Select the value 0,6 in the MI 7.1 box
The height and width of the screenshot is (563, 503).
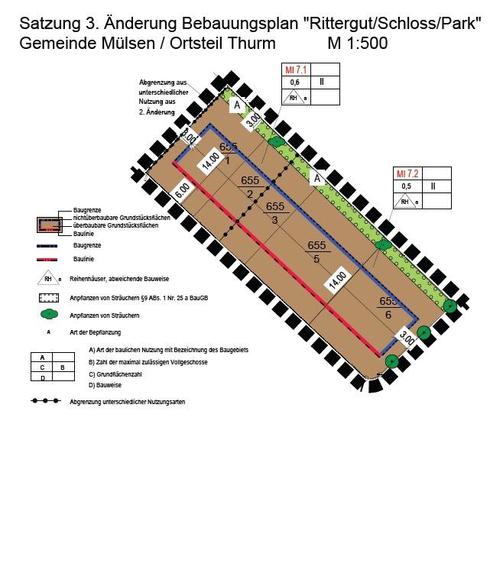(x=293, y=83)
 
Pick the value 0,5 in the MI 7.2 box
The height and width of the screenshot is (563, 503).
(x=406, y=186)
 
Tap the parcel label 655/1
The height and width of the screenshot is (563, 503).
(x=229, y=153)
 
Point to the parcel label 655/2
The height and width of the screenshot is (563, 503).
(x=250, y=187)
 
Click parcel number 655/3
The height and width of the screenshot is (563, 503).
(x=274, y=213)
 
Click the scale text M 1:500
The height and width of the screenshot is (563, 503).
(x=357, y=44)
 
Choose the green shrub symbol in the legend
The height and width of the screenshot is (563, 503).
(x=49, y=314)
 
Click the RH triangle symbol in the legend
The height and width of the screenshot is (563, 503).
(x=48, y=280)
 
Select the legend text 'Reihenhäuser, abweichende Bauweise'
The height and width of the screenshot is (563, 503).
(x=115, y=280)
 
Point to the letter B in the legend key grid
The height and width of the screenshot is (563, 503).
(x=63, y=367)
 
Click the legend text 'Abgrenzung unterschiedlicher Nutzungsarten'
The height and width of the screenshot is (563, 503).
(x=127, y=401)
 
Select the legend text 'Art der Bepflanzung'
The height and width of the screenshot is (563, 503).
(x=95, y=332)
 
